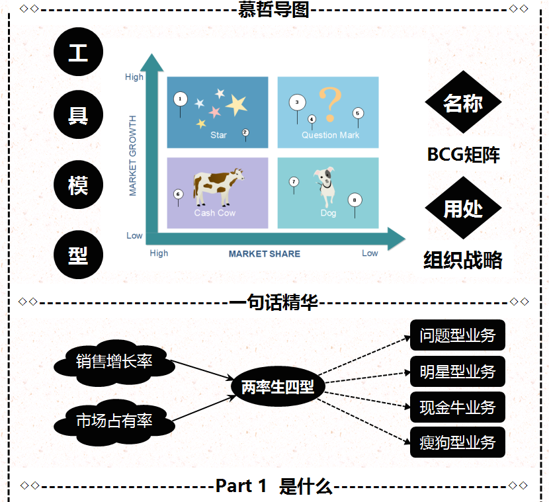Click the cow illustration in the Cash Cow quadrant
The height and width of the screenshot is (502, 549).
click(217, 186)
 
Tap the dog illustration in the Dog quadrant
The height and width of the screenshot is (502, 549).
click(326, 186)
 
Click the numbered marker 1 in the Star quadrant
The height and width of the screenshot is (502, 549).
click(180, 99)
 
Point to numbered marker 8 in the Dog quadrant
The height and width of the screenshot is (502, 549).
click(355, 199)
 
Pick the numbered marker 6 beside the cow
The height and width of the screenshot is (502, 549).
click(178, 194)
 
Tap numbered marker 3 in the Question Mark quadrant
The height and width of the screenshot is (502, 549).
click(298, 103)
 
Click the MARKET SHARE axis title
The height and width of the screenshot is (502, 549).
click(264, 253)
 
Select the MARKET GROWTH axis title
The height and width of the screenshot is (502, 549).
click(133, 156)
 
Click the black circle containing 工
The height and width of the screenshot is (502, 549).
click(78, 53)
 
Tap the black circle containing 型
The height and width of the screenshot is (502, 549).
click(78, 255)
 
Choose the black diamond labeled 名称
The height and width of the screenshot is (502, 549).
click(463, 103)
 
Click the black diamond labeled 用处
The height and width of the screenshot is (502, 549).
click(463, 208)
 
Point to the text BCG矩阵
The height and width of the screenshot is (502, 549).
click(463, 155)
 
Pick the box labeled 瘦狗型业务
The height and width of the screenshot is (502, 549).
click(457, 442)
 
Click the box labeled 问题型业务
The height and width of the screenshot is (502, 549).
click(457, 335)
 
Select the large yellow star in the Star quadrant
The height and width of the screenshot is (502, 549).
click(236, 104)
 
